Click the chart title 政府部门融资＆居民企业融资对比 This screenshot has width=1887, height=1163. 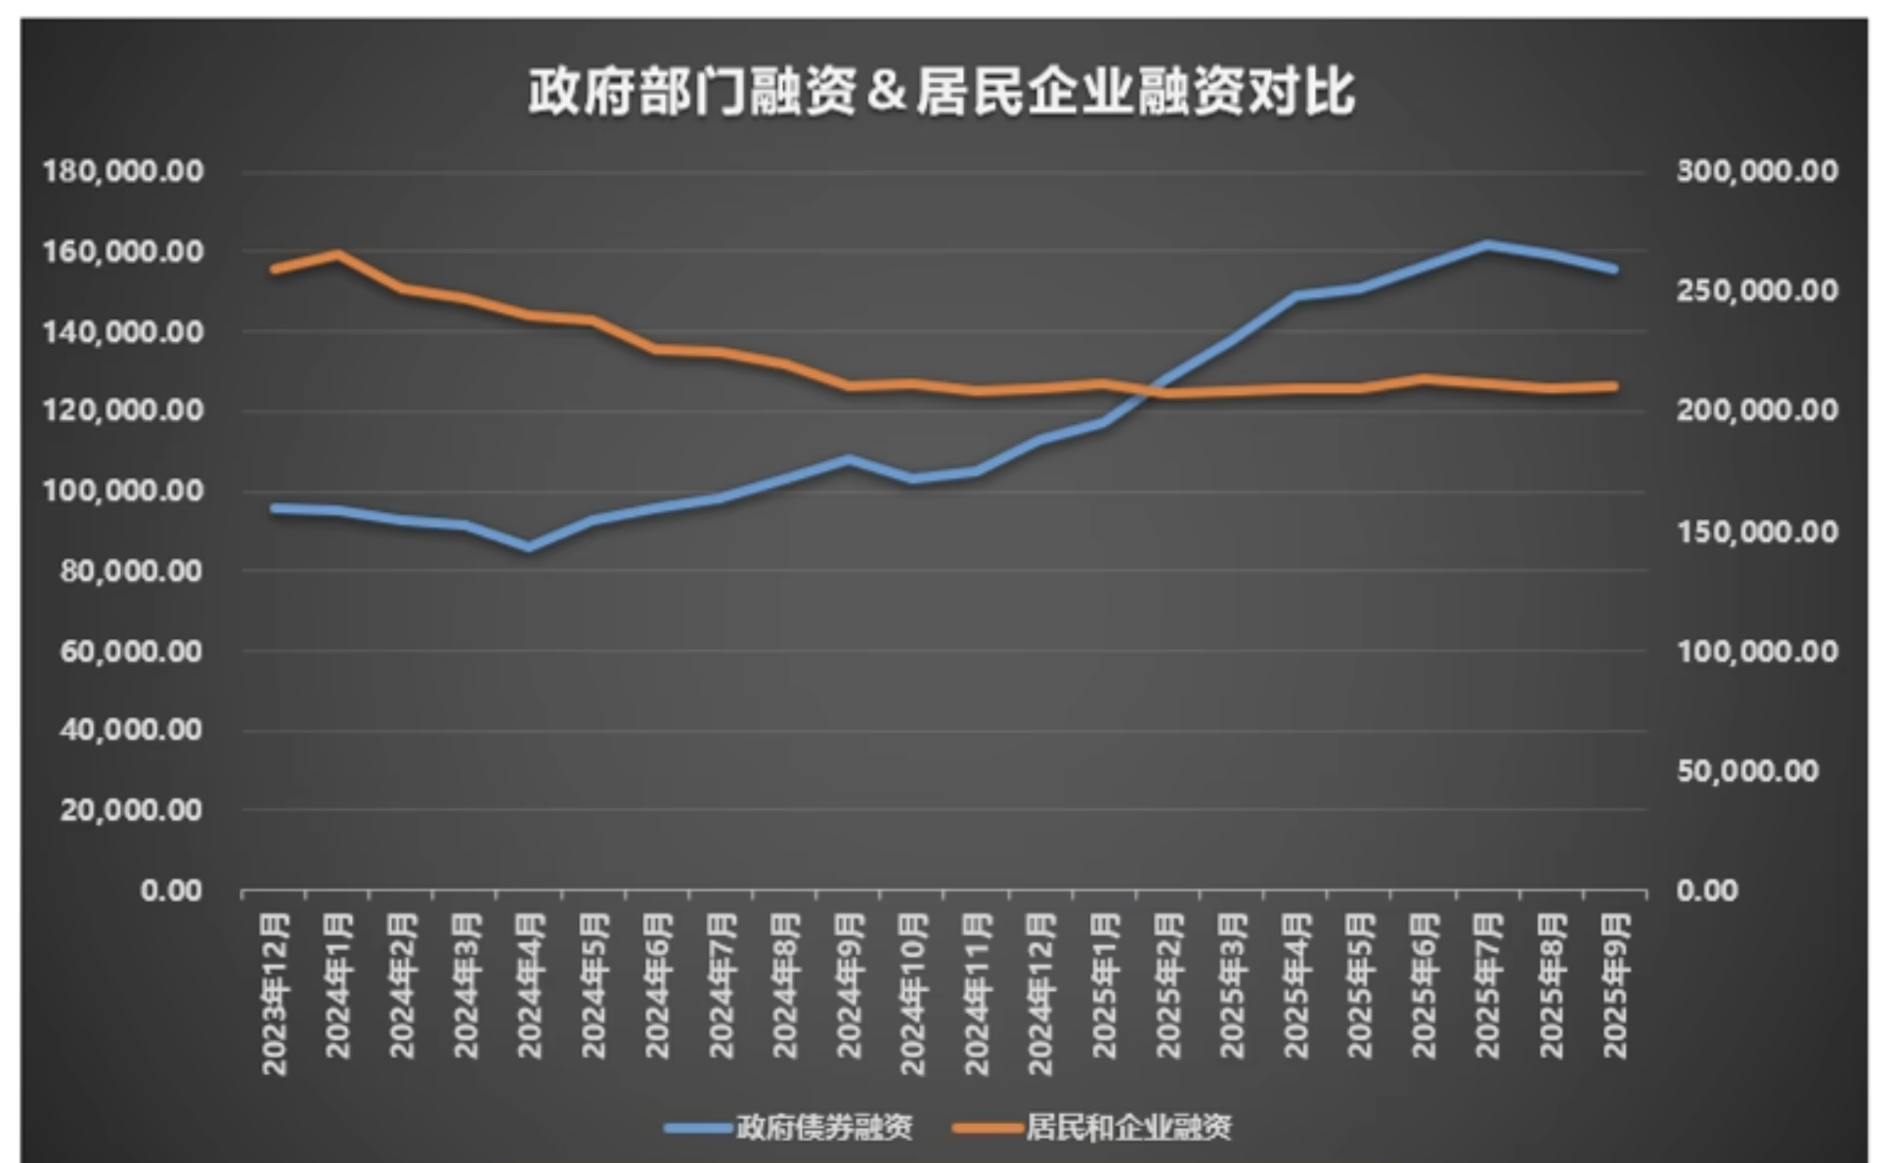click(941, 93)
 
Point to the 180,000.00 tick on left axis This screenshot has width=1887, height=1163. click(123, 171)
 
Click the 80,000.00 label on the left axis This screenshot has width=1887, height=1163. click(131, 570)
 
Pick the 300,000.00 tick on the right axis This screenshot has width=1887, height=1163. click(1757, 171)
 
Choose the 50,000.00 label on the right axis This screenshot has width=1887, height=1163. click(1747, 770)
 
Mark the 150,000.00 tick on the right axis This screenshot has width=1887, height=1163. click(1757, 531)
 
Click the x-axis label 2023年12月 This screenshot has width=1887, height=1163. click(276, 994)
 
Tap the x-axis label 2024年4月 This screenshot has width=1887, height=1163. click(530, 985)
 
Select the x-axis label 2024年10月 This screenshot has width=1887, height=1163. click(912, 994)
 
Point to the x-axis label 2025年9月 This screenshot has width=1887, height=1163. click(1615, 985)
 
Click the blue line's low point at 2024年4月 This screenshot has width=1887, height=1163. click(530, 547)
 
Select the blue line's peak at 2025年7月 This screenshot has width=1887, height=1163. click(1487, 244)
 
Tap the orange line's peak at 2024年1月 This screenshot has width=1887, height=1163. click(338, 254)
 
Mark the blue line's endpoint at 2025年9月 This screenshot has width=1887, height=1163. click(1614, 269)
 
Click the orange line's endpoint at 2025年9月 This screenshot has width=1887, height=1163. click(1614, 386)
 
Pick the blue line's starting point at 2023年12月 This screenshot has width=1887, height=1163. click(276, 508)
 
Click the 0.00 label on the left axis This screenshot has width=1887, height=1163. click(171, 890)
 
